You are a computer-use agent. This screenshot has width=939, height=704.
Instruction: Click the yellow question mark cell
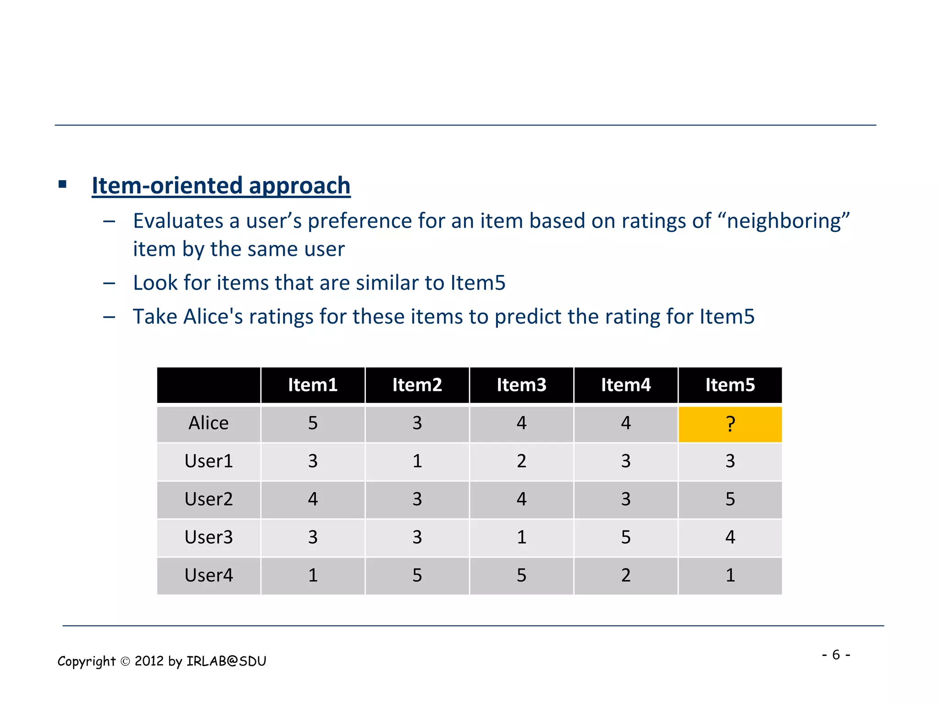(730, 424)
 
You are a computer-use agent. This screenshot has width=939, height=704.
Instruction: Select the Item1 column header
(313, 385)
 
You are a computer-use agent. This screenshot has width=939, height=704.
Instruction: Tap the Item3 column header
(521, 385)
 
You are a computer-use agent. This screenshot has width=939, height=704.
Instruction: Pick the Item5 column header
(730, 385)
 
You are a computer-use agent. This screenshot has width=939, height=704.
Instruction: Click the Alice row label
(209, 423)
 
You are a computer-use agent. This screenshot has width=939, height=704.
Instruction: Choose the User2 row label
(209, 499)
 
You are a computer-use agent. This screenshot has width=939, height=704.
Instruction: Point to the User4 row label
(209, 575)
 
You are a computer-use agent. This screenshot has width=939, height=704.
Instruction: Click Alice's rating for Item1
(313, 423)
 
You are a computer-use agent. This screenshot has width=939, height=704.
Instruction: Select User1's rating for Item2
(417, 461)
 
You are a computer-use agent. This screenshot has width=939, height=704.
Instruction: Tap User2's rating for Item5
(730, 499)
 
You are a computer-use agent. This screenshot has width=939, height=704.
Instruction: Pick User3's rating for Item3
(521, 537)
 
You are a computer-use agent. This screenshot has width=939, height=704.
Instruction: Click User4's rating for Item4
(626, 575)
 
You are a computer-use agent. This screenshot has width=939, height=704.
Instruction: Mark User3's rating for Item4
(626, 537)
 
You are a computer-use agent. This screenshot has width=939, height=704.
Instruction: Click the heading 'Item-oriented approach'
(221, 186)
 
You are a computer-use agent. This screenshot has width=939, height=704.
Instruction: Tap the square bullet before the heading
(63, 185)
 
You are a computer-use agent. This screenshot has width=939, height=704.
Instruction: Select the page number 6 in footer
(836, 654)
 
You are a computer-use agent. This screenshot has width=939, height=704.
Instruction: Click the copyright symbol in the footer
(125, 661)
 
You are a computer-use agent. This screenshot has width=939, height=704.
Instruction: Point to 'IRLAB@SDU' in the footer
(226, 661)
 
